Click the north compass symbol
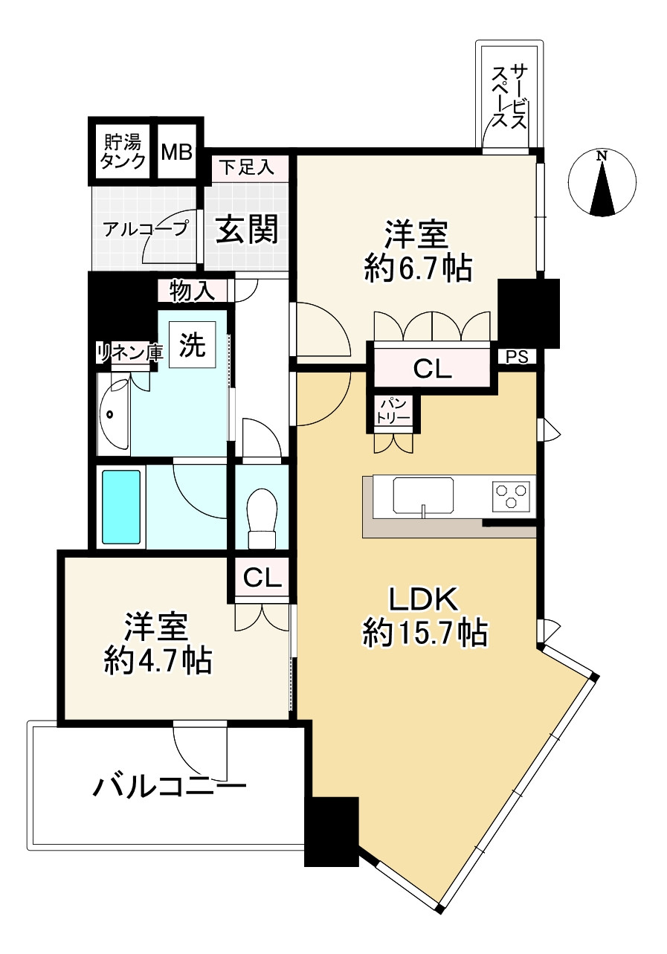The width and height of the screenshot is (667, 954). (x=602, y=183)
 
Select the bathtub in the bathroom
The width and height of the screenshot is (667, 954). (x=120, y=506)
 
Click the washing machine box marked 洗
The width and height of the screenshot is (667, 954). (x=193, y=345)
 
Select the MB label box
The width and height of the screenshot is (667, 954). (x=177, y=152)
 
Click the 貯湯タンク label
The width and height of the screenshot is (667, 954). (x=123, y=152)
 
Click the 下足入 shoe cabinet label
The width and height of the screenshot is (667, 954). (x=245, y=167)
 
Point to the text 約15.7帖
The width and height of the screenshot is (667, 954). (x=425, y=634)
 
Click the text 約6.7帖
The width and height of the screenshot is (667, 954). (x=418, y=268)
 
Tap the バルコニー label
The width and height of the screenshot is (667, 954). (x=169, y=785)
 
